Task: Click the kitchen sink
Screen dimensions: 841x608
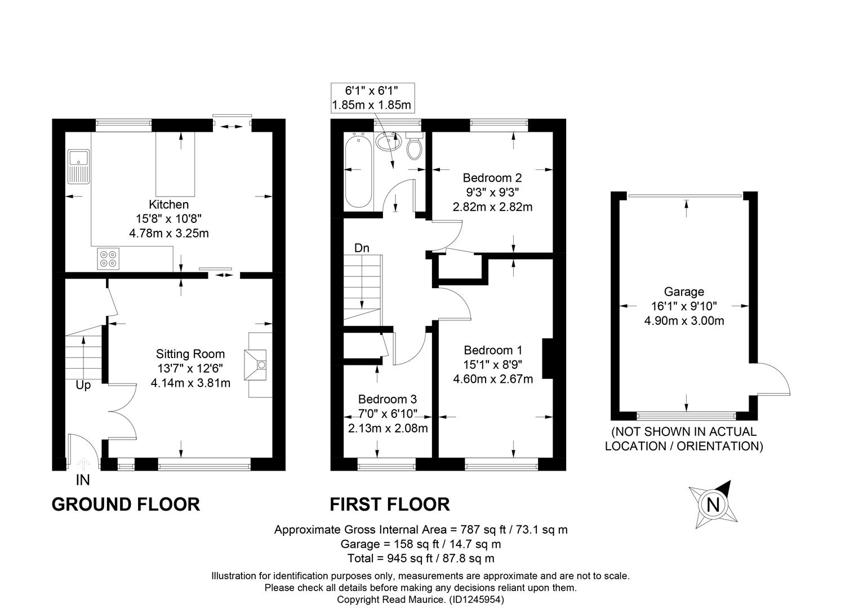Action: tap(78, 167)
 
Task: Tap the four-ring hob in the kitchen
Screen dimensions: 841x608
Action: tap(108, 258)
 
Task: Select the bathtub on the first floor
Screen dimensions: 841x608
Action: tap(359, 172)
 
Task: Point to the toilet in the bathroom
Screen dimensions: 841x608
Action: tap(415, 146)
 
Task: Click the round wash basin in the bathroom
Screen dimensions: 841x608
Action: tap(389, 142)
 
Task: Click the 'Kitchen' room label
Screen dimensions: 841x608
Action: tap(168, 204)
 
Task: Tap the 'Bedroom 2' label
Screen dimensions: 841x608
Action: tap(492, 177)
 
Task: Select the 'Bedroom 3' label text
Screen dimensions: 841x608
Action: tap(388, 399)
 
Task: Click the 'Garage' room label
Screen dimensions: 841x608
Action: tap(684, 292)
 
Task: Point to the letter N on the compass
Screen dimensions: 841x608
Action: tap(713, 505)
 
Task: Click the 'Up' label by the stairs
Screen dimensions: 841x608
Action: tap(83, 386)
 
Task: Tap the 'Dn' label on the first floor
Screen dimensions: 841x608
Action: tap(362, 248)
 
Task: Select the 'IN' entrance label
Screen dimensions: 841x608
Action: tap(83, 480)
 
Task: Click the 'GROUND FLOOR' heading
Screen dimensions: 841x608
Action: tap(126, 504)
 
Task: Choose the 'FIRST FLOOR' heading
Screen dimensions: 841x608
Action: tap(390, 504)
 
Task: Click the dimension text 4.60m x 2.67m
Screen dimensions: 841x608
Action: tap(492, 379)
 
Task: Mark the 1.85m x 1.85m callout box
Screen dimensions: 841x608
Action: tap(372, 98)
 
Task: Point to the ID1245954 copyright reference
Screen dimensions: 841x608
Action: tap(477, 600)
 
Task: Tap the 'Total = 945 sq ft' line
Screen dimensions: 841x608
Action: tap(390, 558)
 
